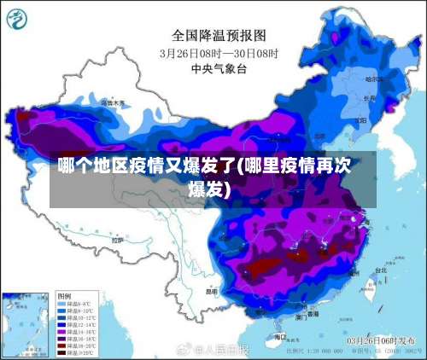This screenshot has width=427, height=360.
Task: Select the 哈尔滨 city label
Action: click(x=373, y=79)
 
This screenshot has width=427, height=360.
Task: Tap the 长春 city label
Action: click(x=369, y=98)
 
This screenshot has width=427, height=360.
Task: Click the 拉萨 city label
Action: click(x=117, y=241)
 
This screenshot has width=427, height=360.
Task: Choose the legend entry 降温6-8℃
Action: click(x=78, y=303)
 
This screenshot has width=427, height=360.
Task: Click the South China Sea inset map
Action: click(x=26, y=322)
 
